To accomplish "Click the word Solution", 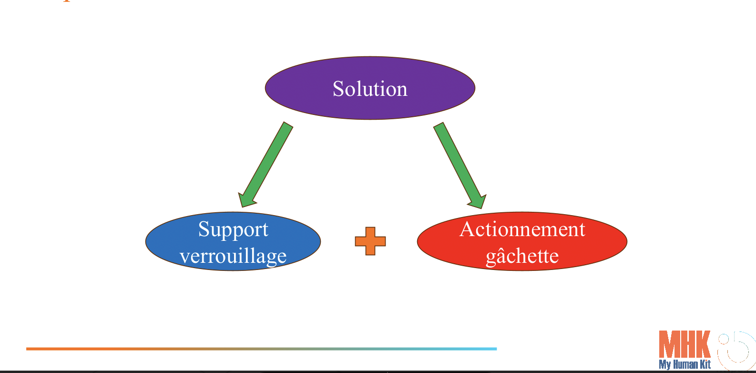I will [370, 89].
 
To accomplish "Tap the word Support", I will [233, 229].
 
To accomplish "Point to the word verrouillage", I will [233, 256].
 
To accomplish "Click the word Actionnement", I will [522, 229].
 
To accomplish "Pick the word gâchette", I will [522, 256].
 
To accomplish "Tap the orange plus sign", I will [370, 241].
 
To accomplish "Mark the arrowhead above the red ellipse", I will [477, 201].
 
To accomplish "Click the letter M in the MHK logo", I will [668, 344].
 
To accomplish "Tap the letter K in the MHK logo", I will [703, 344].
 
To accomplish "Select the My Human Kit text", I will [684, 365].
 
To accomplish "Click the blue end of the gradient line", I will [493, 349].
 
